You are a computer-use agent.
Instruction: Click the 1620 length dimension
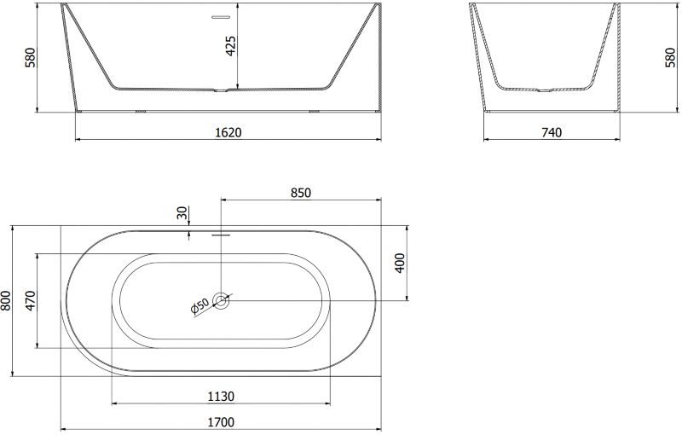click(x=228, y=132)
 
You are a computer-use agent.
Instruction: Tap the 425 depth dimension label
click(x=230, y=46)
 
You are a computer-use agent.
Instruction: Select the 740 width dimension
click(x=552, y=132)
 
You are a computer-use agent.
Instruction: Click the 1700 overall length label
click(x=221, y=422)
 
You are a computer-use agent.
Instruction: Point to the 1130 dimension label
click(x=221, y=397)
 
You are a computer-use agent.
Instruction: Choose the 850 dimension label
click(x=301, y=192)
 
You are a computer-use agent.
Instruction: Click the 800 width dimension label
click(x=5, y=300)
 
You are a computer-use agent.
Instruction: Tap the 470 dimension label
click(x=31, y=300)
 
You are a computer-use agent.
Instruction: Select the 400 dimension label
click(x=399, y=263)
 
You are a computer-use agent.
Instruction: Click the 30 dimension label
click(x=182, y=212)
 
